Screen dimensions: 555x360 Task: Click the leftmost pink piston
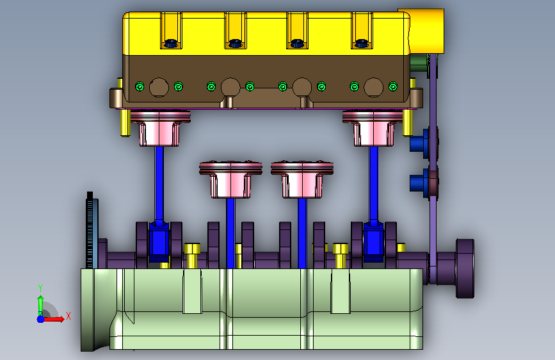click(x=160, y=127)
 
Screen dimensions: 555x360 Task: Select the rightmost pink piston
click(x=373, y=127)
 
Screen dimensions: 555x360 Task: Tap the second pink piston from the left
click(x=230, y=179)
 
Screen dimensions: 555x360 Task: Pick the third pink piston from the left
click(x=302, y=179)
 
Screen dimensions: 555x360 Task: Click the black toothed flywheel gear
click(x=90, y=231)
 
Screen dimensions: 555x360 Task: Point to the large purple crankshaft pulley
click(x=465, y=268)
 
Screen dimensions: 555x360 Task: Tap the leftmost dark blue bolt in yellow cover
click(x=171, y=43)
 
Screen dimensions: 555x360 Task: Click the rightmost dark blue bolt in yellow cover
click(x=362, y=43)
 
